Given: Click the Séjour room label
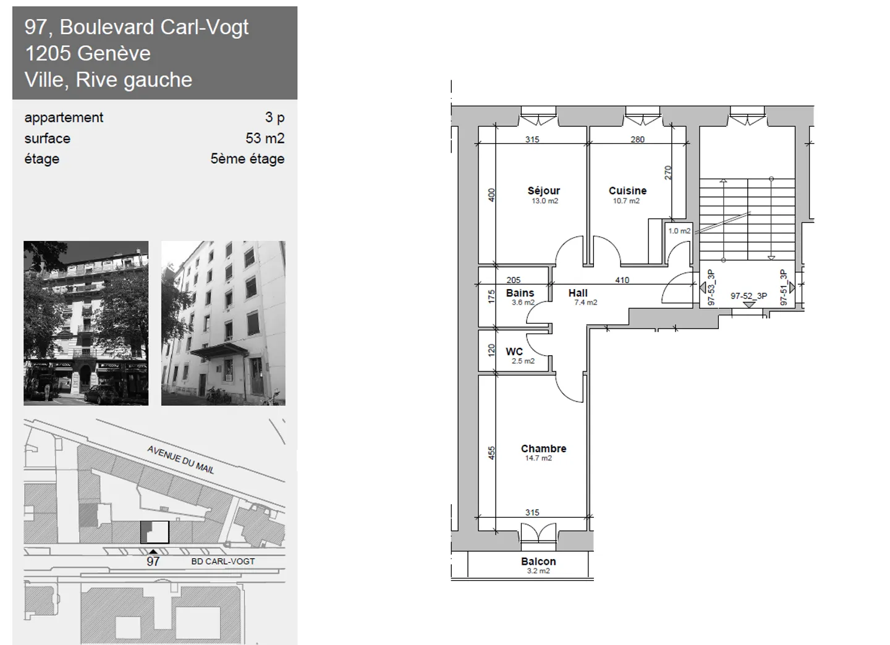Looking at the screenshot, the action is [543, 191].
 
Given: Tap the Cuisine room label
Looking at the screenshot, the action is [627, 191].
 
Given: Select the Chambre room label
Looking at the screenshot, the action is [543, 449].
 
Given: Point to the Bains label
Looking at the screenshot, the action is [520, 293].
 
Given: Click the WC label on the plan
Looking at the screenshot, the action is [514, 352].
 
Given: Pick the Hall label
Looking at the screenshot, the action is [578, 293].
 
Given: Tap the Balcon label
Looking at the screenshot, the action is [538, 561].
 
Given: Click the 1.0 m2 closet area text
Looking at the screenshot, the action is [679, 231].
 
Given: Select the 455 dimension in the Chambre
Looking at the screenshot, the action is [491, 453].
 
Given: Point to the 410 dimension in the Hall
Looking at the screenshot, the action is [622, 280].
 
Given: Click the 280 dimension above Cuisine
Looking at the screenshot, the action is [637, 140].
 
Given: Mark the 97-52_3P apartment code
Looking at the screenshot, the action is [748, 297].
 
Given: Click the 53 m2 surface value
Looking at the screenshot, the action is [265, 138].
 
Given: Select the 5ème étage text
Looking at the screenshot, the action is [247, 159].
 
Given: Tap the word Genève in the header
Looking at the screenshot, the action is [114, 53].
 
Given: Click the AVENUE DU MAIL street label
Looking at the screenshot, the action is [180, 460].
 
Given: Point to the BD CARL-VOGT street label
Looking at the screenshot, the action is [223, 561].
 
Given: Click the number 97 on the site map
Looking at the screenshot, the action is [153, 561].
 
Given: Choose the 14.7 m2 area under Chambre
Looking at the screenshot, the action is [538, 458].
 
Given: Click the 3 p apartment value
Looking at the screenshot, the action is [275, 117].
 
